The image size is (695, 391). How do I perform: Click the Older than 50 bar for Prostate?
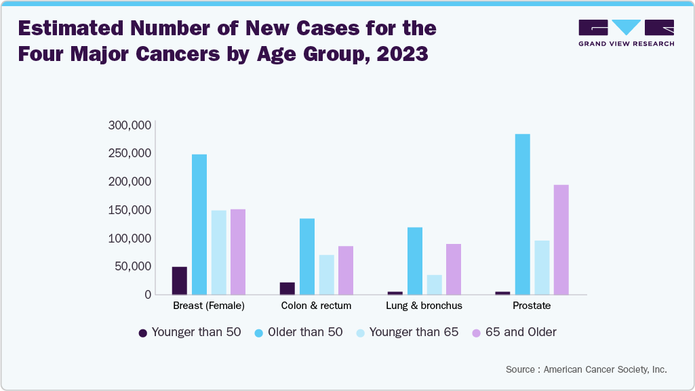coord(522,214)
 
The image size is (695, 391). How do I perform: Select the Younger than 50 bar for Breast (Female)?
coord(180,281)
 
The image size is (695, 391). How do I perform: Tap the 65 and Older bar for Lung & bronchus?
coord(454,269)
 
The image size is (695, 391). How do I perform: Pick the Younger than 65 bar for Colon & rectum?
coord(327,274)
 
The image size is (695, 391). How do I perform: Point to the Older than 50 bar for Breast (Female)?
coord(199,224)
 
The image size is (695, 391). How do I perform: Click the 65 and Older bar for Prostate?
coord(561,239)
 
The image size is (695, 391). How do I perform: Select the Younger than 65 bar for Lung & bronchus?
coord(435,285)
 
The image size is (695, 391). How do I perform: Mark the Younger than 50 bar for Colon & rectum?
coord(287,288)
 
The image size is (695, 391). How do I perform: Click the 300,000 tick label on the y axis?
coord(129,125)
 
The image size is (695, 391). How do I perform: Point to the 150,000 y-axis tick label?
coord(129,210)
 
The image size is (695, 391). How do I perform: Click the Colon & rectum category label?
coord(316,306)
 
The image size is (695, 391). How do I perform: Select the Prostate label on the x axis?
coord(532,306)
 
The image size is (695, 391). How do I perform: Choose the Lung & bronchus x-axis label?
coord(424,306)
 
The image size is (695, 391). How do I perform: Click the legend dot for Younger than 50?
coord(143,333)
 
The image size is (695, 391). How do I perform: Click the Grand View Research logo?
coord(626,33)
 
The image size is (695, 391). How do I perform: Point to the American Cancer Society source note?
coord(586,370)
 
